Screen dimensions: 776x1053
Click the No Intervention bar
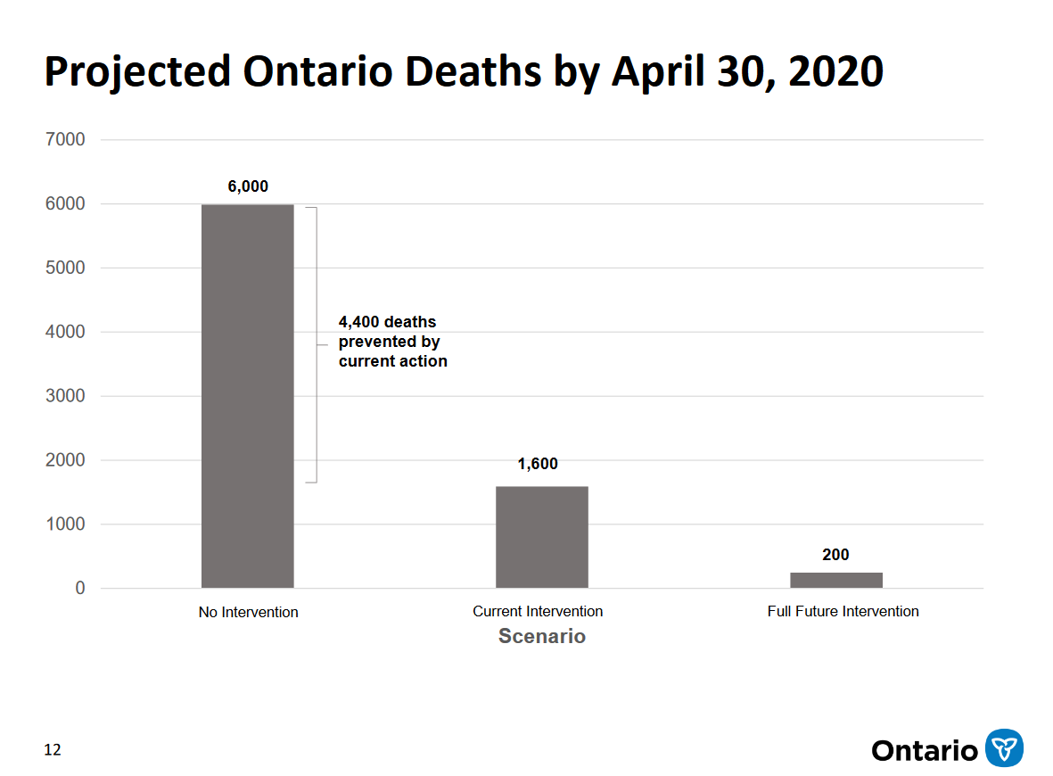[247, 396]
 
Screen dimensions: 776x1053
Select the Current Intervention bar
[541, 537]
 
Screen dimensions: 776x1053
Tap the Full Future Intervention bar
[835, 580]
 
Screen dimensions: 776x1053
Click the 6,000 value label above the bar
[248, 186]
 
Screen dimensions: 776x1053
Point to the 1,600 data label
[538, 464]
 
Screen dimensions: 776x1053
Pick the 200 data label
[835, 555]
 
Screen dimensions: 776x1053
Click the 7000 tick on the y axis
[67, 139]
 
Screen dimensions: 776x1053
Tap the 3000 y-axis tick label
[67, 396]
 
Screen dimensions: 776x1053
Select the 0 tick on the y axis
[80, 589]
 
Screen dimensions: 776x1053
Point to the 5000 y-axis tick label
[67, 268]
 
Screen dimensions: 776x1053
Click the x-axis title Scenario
[541, 636]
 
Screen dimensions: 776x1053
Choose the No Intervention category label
[248, 612]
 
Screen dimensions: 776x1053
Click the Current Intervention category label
[538, 611]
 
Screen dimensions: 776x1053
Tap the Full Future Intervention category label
[843, 611]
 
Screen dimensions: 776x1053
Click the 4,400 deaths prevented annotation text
[392, 342]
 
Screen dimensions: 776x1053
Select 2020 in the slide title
[835, 71]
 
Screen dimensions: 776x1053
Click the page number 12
[53, 750]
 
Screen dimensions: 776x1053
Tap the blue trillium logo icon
[1004, 747]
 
